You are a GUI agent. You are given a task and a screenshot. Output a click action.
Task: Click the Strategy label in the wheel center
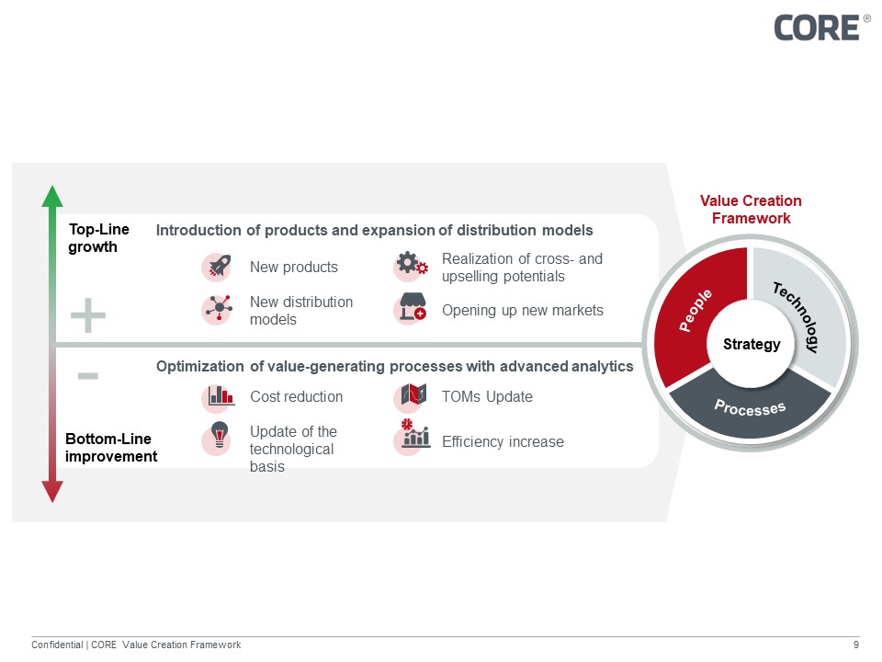(751, 345)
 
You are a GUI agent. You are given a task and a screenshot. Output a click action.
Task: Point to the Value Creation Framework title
(751, 210)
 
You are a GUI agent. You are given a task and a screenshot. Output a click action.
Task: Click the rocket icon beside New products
(217, 267)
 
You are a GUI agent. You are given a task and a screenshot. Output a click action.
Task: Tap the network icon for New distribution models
(217, 310)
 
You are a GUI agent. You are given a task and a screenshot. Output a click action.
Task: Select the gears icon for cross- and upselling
(411, 266)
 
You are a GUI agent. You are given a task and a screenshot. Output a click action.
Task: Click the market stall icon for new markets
(411, 309)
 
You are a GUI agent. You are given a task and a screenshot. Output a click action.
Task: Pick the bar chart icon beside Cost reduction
(220, 396)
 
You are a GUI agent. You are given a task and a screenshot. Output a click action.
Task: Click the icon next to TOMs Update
(411, 396)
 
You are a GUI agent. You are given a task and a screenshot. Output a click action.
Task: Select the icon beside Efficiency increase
(413, 436)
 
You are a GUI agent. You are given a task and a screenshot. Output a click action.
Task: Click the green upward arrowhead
(53, 196)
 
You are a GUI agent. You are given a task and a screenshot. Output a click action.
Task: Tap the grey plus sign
(88, 316)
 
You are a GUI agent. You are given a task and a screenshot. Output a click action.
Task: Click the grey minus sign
(88, 375)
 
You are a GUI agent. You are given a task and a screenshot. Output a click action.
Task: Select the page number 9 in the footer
(855, 645)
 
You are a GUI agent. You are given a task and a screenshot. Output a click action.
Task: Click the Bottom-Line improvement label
(110, 448)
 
